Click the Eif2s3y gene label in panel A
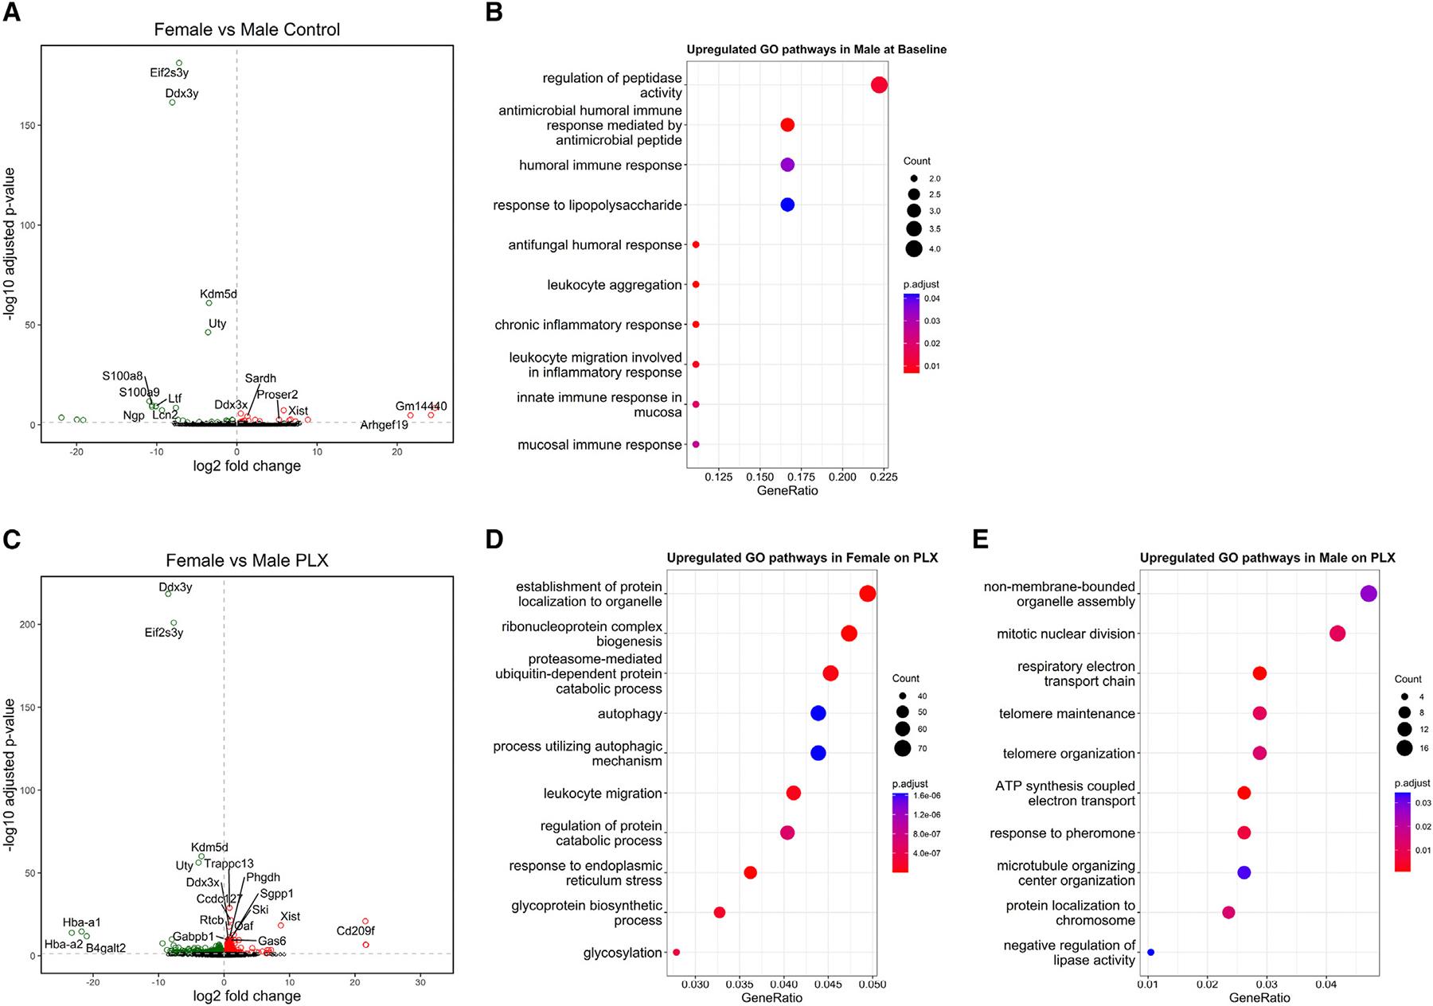(x=169, y=72)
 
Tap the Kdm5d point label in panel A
(x=218, y=294)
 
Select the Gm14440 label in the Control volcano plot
(x=421, y=406)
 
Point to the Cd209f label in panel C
(x=355, y=930)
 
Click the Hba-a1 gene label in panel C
(x=82, y=922)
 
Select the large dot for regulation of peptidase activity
(x=879, y=85)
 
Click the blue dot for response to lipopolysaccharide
(x=787, y=205)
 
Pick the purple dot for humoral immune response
(x=787, y=165)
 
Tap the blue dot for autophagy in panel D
(x=818, y=713)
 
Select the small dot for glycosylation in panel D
(x=677, y=952)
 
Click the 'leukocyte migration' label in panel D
(x=603, y=793)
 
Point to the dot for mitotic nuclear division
(x=1337, y=634)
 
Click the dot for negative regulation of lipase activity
(x=1150, y=952)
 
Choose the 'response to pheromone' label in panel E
(x=1062, y=833)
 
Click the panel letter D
(x=494, y=540)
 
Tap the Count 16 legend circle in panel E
(x=1404, y=747)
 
